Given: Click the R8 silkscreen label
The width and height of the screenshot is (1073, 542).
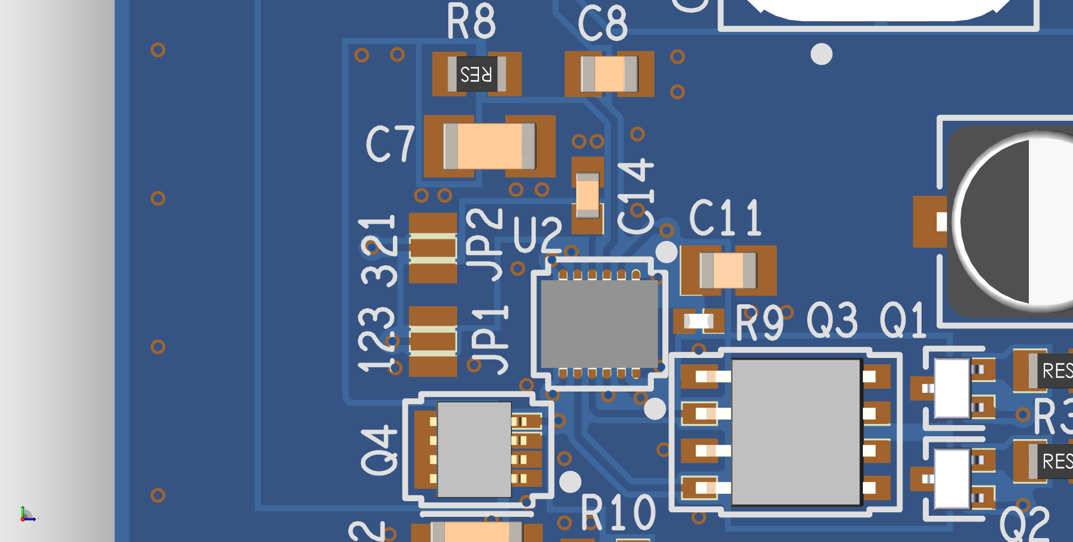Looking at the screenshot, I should pos(471,21).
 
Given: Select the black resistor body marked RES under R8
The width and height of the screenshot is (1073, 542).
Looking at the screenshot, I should pos(476,74).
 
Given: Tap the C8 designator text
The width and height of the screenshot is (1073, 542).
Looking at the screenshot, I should pos(602,23).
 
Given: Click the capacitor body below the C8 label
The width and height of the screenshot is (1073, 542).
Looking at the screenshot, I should pos(609,74).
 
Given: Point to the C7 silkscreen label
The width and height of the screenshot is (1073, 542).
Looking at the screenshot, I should pos(390,144).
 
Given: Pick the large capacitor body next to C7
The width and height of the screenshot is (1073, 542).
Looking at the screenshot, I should pos(490,146).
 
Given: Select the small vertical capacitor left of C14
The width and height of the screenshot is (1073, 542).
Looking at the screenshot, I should pos(587,195).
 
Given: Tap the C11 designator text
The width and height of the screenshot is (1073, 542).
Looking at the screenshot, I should pos(725,218).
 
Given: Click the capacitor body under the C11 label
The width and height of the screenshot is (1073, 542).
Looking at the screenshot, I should pos(728,270).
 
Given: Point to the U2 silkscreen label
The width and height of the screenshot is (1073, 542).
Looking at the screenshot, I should pos(537,235).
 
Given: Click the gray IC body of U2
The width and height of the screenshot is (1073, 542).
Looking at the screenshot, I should pos(599,323).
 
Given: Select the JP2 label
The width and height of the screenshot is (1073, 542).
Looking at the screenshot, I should pos(484,244).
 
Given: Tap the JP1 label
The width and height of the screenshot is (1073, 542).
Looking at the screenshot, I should pos(488,340).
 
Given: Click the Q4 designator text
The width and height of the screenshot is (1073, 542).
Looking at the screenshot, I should pos(379,450).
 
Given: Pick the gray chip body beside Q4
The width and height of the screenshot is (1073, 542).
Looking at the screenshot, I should pos(474,449).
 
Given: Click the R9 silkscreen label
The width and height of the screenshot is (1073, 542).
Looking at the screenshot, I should pos(759,323).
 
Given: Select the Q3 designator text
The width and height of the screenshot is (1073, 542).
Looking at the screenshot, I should pos(832,320).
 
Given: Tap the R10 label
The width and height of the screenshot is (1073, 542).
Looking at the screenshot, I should pos(618,512).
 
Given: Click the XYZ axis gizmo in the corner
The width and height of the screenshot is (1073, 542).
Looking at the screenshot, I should pos(26,515).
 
